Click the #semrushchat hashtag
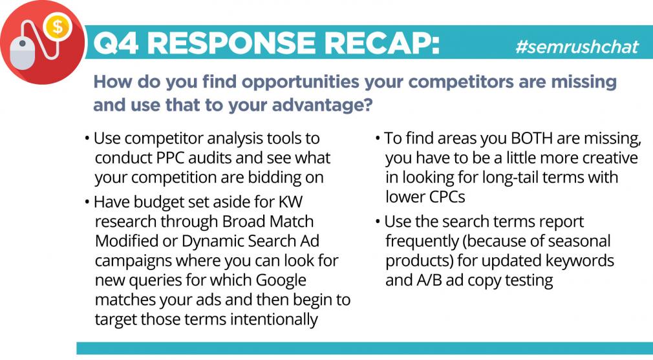pyautogui.click(x=577, y=47)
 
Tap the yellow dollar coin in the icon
pyautogui.click(x=58, y=27)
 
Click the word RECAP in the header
pyautogui.click(x=382, y=43)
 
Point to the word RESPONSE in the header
pyautogui.click(x=231, y=43)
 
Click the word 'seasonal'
pyautogui.click(x=579, y=241)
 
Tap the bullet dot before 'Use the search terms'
pyautogui.click(x=378, y=222)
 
